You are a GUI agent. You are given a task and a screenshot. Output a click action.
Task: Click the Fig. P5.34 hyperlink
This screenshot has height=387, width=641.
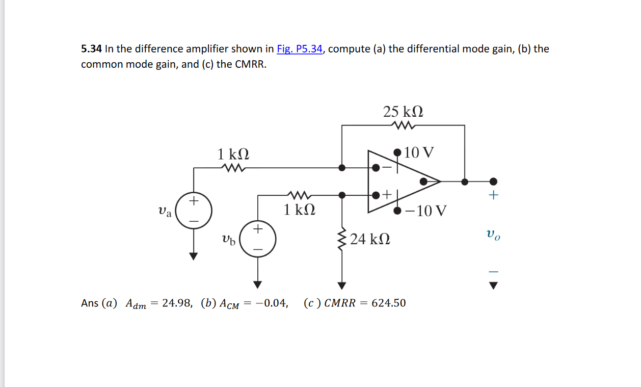tap(300, 49)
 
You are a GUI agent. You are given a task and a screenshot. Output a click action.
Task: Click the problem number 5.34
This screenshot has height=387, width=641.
tap(91, 49)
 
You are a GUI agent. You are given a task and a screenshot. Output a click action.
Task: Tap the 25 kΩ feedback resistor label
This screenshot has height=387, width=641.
tap(403, 112)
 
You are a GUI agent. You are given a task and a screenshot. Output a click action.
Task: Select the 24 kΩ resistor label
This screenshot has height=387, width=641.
tap(370, 239)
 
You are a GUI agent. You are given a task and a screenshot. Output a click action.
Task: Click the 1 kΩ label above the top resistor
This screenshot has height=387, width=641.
tap(233, 153)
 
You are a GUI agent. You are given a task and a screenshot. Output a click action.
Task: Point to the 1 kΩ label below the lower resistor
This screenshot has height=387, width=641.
tap(299, 210)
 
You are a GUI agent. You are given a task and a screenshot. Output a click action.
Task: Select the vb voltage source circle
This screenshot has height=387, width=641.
tap(258, 238)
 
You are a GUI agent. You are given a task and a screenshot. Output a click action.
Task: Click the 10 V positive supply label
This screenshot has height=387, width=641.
tap(420, 152)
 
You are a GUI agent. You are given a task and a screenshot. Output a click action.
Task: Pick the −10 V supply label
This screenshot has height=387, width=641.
tap(427, 211)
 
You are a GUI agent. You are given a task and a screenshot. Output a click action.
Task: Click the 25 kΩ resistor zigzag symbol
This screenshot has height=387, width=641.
tap(403, 125)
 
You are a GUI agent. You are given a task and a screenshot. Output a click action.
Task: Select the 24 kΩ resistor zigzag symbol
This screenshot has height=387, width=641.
tap(341, 239)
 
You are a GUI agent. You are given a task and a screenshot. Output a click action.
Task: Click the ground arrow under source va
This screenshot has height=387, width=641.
tap(193, 256)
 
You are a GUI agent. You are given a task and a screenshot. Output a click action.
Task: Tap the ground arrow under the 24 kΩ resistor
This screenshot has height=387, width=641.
tap(341, 285)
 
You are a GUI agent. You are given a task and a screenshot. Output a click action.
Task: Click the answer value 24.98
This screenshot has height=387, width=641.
tap(177, 303)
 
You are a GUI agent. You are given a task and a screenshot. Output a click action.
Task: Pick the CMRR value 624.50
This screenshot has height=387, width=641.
tap(389, 303)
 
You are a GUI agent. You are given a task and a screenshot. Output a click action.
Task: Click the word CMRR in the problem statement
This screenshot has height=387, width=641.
tap(250, 65)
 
